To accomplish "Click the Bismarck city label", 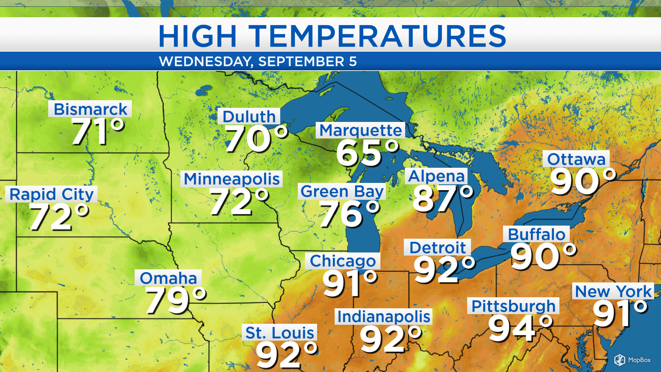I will click(90, 109).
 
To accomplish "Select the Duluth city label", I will click(249, 116).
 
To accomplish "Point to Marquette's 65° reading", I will click(367, 153).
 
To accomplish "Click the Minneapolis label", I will click(231, 179).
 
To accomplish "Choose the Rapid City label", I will click(51, 194).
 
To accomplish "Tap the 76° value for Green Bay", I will click(349, 214).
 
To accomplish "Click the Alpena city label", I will click(436, 176).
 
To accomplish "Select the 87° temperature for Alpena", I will click(443, 199).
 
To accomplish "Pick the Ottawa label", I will click(576, 159).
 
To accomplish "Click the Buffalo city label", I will click(536, 234).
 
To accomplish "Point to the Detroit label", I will click(437, 247).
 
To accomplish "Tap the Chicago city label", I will click(343, 261).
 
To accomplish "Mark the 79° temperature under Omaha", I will click(176, 300).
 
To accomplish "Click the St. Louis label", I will click(280, 333).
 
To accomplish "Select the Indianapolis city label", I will click(384, 317).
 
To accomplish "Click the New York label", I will click(613, 291).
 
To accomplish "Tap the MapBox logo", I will click(632, 360).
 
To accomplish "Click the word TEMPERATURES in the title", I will click(377, 36).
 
